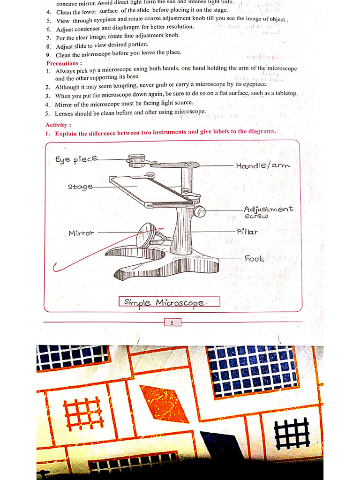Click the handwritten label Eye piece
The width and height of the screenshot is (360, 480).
tap(76, 159)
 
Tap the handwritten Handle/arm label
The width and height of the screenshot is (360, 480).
tap(263, 165)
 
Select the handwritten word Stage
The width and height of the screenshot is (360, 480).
tap(80, 187)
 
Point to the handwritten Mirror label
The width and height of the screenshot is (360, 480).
tap(81, 233)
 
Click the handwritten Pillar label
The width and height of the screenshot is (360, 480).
tap(247, 232)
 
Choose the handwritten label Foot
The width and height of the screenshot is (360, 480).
tap(254, 258)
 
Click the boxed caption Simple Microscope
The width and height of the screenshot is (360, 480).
tap(169, 302)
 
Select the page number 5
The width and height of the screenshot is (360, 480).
tap(172, 322)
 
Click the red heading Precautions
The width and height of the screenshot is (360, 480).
tap(64, 63)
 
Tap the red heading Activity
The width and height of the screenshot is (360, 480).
tap(58, 125)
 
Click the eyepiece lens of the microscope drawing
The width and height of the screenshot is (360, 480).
tap(137, 161)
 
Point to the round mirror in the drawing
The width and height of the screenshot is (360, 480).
tap(146, 235)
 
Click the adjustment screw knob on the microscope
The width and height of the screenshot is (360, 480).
tap(200, 211)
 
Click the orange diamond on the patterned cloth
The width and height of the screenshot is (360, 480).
tap(164, 403)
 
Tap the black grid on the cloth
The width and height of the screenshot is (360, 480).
tap(292, 434)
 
